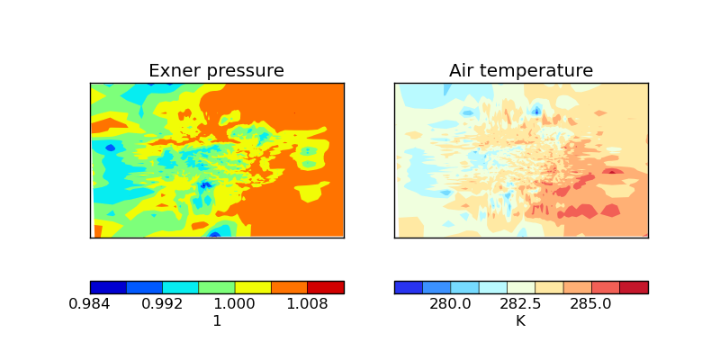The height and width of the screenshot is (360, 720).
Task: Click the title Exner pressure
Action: [216, 71]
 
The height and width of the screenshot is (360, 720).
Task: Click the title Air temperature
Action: [521, 71]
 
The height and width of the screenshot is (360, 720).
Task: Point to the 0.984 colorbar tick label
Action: [90, 304]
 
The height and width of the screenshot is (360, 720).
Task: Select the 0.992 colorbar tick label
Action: [162, 304]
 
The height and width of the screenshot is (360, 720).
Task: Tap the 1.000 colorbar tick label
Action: [235, 304]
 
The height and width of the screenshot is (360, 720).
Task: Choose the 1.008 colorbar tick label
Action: [307, 304]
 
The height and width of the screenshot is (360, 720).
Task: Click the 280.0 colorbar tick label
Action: [450, 304]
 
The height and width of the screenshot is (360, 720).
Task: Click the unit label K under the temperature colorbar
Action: [520, 320]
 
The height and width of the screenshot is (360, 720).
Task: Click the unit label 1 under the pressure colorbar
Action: [217, 320]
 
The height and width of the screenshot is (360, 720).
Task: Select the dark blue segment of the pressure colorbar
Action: [108, 287]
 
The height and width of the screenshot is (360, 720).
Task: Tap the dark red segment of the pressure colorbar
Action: [326, 287]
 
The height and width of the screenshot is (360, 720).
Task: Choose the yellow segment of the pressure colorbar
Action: [253, 287]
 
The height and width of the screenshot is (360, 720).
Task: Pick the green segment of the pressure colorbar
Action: [217, 287]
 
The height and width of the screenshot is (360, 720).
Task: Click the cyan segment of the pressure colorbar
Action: [180, 287]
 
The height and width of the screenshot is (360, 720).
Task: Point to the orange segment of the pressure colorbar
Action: [289, 287]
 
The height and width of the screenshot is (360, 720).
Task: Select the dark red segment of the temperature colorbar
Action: [634, 287]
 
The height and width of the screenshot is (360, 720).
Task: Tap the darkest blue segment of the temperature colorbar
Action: [409, 287]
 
